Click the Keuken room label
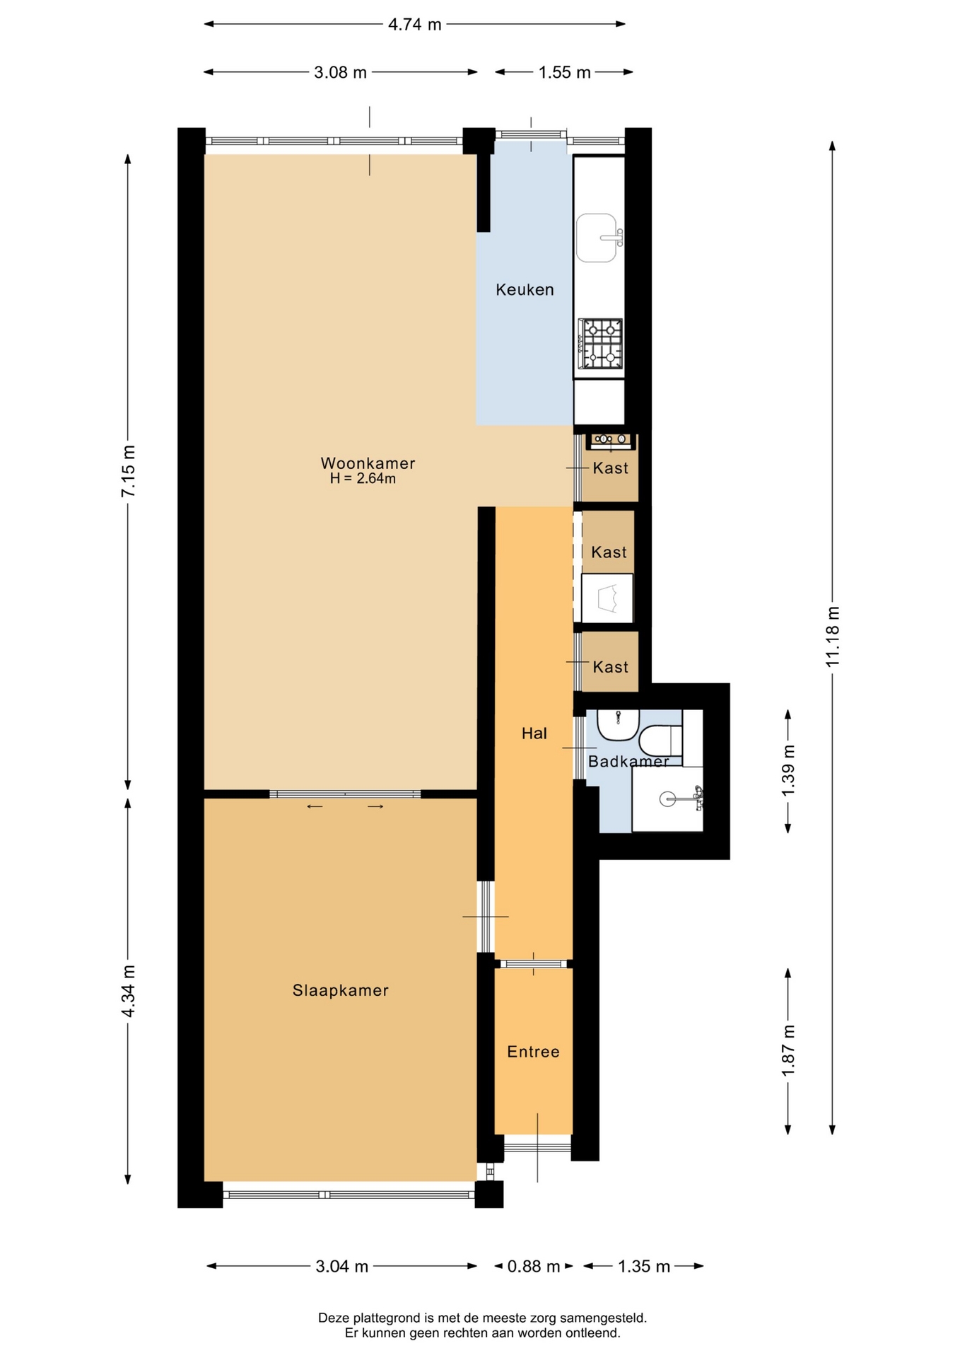[525, 289]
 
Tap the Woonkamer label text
[368, 463]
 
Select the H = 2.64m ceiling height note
[363, 479]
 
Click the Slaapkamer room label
[341, 990]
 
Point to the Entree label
[534, 1052]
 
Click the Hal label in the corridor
[534, 733]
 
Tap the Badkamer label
[628, 762]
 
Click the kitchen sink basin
[597, 238]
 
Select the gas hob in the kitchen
[601, 344]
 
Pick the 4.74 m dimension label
[415, 25]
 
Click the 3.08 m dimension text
[341, 73]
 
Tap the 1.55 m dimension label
[565, 73]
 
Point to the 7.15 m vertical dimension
[128, 471]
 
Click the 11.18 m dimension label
[833, 637]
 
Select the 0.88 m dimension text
[534, 1266]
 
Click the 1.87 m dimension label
[788, 1051]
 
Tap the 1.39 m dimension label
[788, 770]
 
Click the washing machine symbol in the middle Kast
[607, 598]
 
